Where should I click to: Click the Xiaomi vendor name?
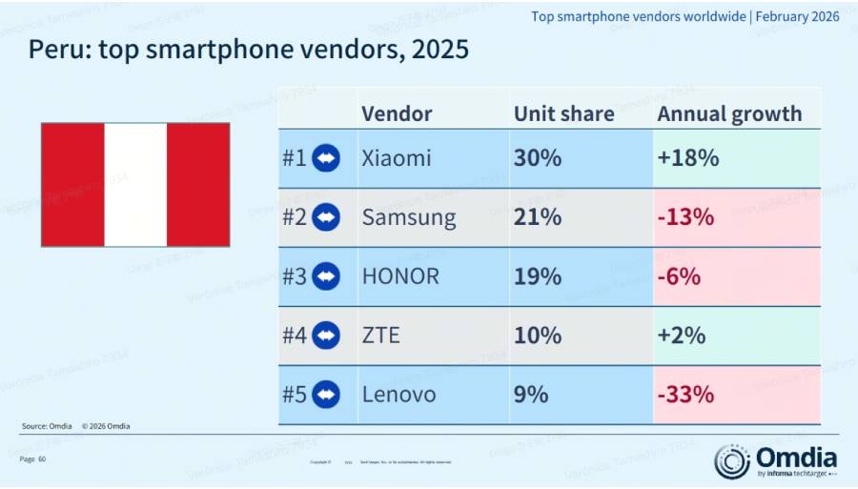pyautogui.click(x=397, y=158)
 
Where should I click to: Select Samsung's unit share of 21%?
pyautogui.click(x=538, y=217)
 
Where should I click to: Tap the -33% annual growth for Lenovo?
pyautogui.click(x=685, y=395)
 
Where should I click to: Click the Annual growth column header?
pyautogui.click(x=729, y=114)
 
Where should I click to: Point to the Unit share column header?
pyautogui.click(x=563, y=114)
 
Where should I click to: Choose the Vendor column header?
pyautogui.click(x=397, y=114)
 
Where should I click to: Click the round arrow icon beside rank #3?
pyautogui.click(x=326, y=276)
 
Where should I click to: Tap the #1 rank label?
pyautogui.click(x=294, y=158)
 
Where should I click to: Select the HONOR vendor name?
pyautogui.click(x=400, y=276)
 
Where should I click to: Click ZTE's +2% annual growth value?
pyautogui.click(x=681, y=336)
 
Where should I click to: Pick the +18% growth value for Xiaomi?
pyautogui.click(x=687, y=158)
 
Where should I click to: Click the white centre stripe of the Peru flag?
pyautogui.click(x=135, y=185)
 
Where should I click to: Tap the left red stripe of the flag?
pyautogui.click(x=72, y=185)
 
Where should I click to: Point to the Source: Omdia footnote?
pyautogui.click(x=47, y=426)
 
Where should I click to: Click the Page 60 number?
pyautogui.click(x=32, y=459)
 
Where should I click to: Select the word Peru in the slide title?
pyautogui.click(x=60, y=50)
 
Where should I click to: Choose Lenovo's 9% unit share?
pyautogui.click(x=531, y=395)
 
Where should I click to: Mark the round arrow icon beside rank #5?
pyautogui.click(x=326, y=395)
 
